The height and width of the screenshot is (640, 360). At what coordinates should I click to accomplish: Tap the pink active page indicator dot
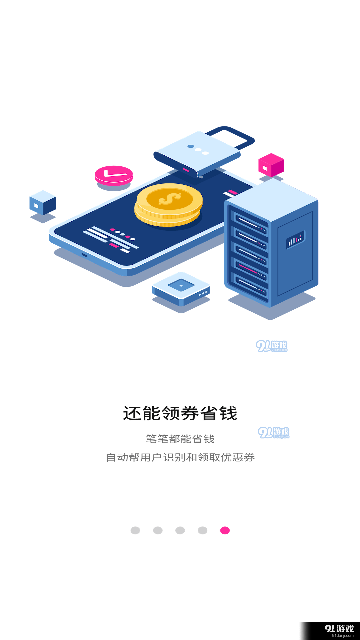click(x=225, y=530)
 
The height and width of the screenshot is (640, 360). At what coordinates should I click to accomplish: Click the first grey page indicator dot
click(x=135, y=530)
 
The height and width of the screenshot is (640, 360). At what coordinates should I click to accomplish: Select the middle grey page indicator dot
click(x=180, y=530)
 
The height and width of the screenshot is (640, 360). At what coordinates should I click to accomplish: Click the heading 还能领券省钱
click(x=180, y=413)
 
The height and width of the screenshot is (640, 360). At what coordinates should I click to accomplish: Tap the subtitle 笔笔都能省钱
click(x=180, y=439)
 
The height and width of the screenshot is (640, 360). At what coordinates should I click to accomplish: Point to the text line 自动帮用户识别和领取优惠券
click(x=180, y=457)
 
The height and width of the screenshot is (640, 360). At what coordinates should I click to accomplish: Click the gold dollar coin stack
click(x=168, y=205)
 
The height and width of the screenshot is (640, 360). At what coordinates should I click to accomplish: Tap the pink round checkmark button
click(x=114, y=175)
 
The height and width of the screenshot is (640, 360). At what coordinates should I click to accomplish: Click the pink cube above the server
click(x=271, y=165)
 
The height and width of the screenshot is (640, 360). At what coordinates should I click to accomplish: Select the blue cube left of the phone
click(x=43, y=203)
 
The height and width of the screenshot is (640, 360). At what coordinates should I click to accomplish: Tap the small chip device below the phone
click(x=181, y=289)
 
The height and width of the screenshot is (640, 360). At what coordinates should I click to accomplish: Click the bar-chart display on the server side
click(x=295, y=239)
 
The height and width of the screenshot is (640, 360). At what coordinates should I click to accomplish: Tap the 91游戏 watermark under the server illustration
click(x=272, y=346)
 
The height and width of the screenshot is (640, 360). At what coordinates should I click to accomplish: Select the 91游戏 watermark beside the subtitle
click(x=274, y=433)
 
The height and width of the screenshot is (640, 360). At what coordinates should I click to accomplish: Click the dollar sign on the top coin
click(x=170, y=199)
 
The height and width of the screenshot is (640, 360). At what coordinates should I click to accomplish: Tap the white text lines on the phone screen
click(x=110, y=238)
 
